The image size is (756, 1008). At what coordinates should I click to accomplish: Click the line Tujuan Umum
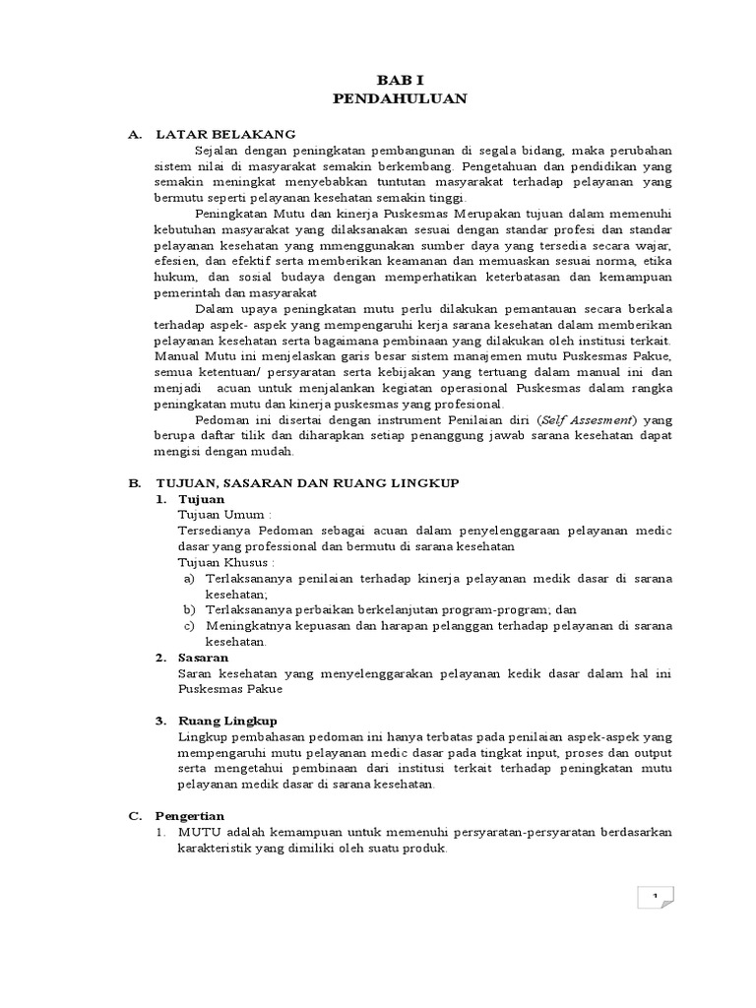tap(222, 515)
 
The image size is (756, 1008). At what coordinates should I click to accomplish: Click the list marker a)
tap(188, 578)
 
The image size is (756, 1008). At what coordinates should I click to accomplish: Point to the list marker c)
tap(188, 625)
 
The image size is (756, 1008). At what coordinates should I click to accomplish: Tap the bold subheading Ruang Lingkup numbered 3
tap(227, 720)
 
